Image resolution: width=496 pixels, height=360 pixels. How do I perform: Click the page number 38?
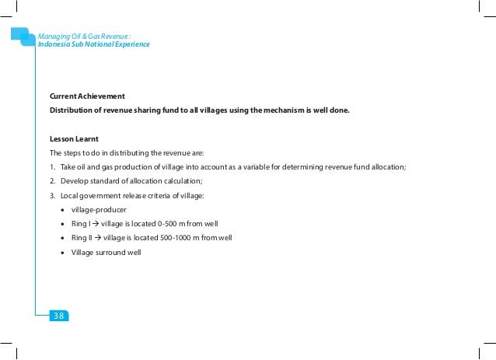coord(59,315)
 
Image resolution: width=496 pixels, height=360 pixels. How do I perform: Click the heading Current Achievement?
coord(87,96)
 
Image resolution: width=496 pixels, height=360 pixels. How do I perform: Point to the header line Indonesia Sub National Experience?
coord(94,44)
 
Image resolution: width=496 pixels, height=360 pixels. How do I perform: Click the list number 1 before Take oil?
coord(51,167)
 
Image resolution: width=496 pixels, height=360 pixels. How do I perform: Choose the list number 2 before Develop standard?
coord(51,181)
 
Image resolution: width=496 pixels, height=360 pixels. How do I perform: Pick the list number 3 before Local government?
coord(51,195)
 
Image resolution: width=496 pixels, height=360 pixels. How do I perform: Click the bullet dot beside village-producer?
coord(62,210)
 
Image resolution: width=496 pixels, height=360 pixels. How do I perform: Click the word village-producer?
coord(99,210)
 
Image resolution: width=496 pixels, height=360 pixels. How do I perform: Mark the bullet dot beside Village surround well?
coord(62,252)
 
